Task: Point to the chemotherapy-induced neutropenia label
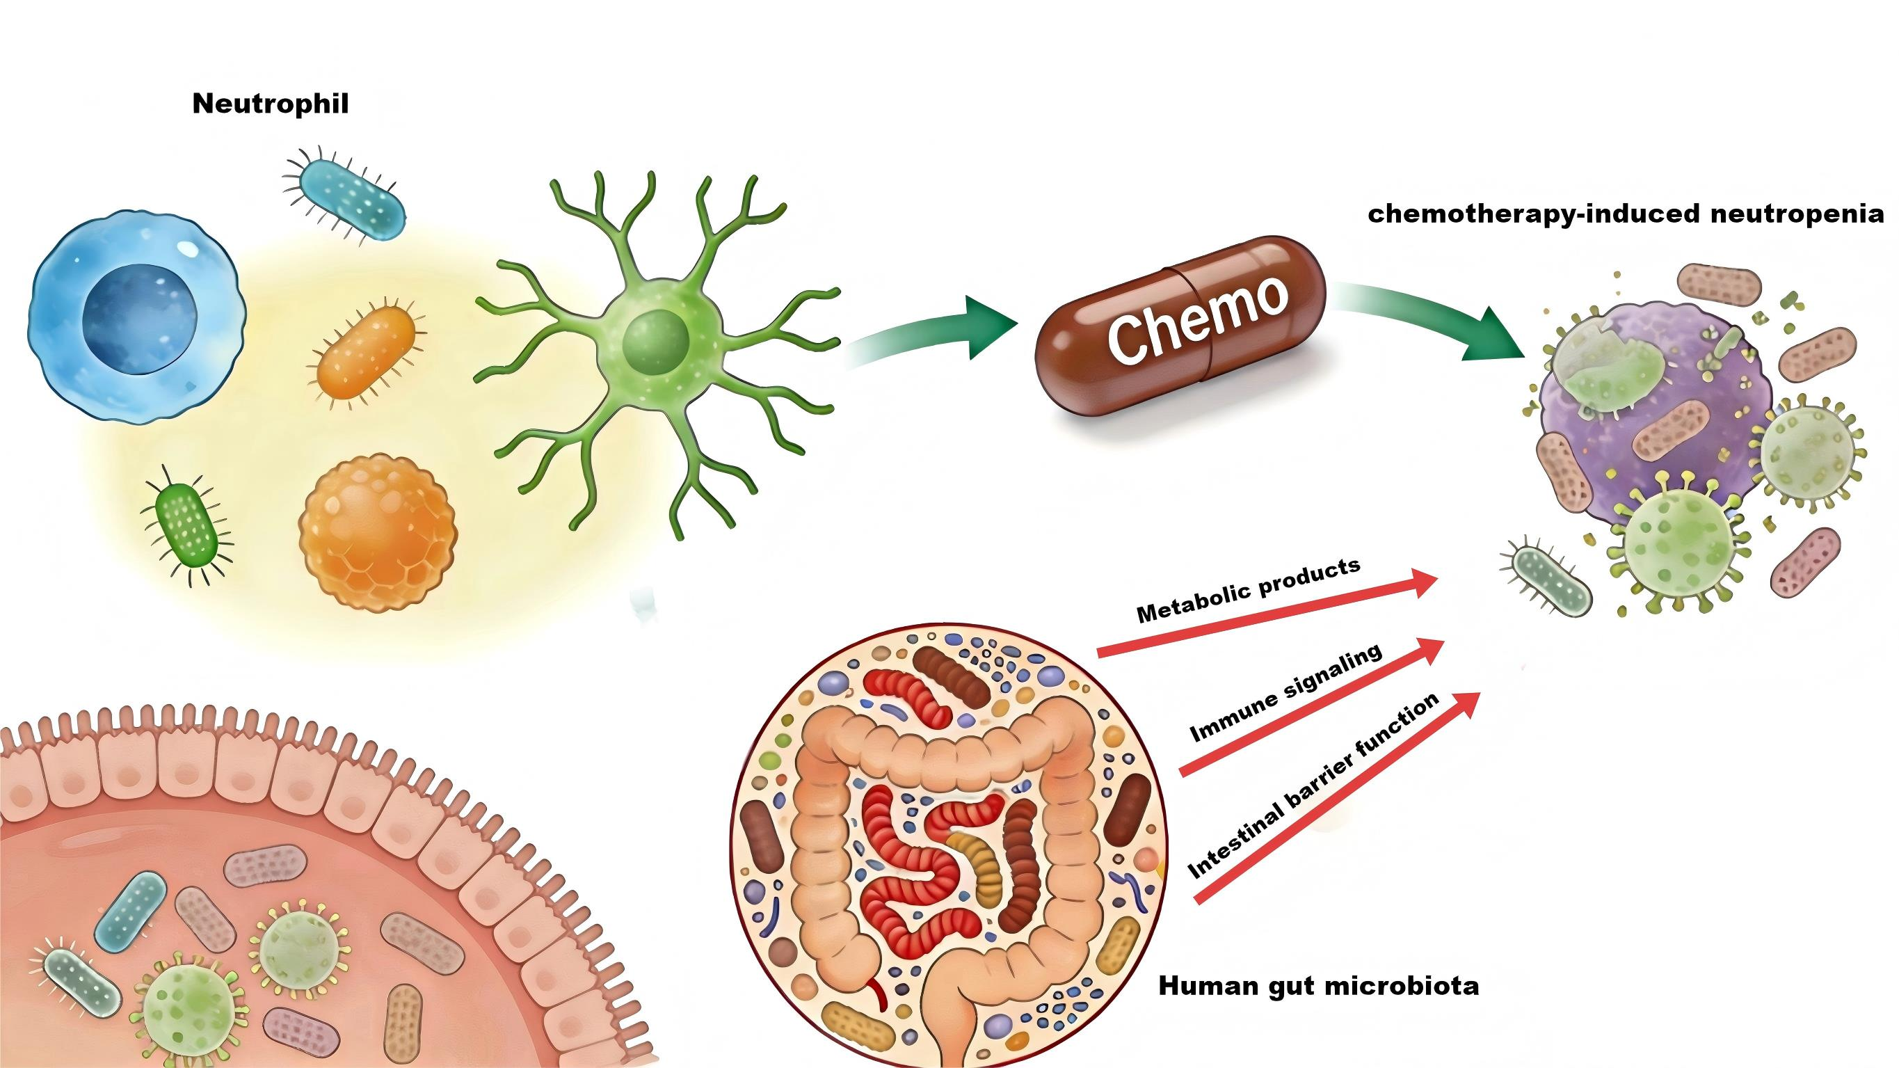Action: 1626,214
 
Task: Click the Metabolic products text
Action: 1248,591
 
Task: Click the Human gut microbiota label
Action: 1319,986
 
